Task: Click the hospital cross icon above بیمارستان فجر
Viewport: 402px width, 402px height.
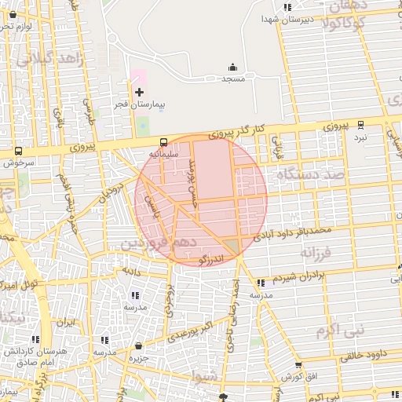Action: click(140, 93)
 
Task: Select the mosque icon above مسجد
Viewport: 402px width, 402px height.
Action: click(232, 68)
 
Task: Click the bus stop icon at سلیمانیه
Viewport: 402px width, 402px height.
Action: click(163, 143)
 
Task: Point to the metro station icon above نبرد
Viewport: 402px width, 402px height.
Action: click(360, 124)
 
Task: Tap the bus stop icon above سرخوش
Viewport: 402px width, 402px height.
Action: click(18, 152)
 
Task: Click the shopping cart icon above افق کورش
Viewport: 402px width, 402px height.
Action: click(298, 365)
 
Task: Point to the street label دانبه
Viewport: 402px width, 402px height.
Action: click(129, 270)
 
